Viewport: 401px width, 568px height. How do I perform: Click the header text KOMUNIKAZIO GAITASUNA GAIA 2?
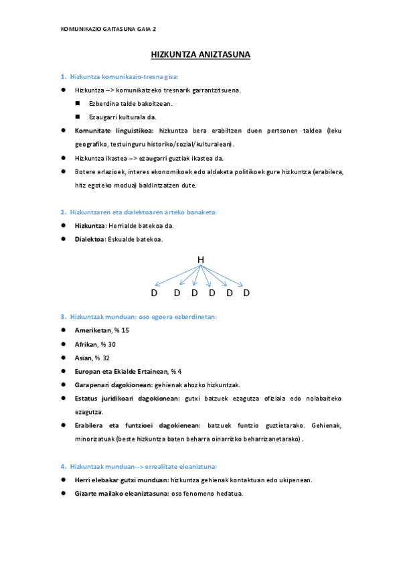(x=108, y=29)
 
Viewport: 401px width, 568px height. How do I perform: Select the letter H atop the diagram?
(x=200, y=260)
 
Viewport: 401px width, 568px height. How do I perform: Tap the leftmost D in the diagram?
(x=154, y=293)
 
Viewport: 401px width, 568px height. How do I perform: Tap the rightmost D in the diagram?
(x=246, y=293)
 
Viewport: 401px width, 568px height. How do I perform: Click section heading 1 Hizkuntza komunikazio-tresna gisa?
(x=124, y=76)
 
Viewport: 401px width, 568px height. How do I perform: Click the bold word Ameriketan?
(x=92, y=330)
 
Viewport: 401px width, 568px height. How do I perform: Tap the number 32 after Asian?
(x=106, y=358)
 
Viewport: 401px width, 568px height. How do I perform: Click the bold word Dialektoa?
(x=90, y=239)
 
